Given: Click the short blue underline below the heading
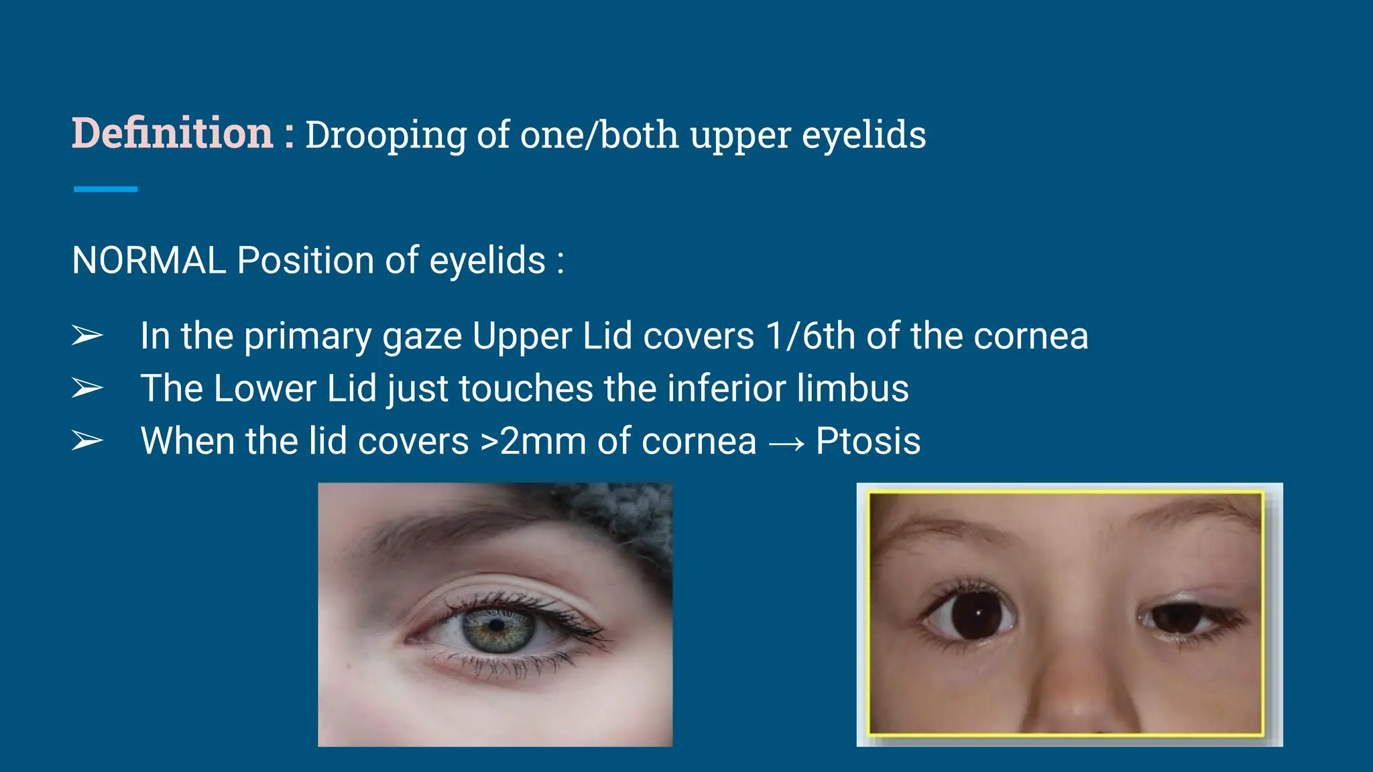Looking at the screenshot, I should click(x=106, y=190).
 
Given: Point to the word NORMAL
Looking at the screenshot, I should click(x=148, y=260).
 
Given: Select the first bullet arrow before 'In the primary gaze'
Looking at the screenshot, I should click(x=87, y=335).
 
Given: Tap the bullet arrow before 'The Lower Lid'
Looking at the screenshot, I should click(x=87, y=388).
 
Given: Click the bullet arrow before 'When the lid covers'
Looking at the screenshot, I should click(x=87, y=441).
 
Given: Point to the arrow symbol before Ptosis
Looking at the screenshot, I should click(x=786, y=443).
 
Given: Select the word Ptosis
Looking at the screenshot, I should click(x=868, y=441).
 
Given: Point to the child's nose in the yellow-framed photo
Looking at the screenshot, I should click(x=1079, y=697).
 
